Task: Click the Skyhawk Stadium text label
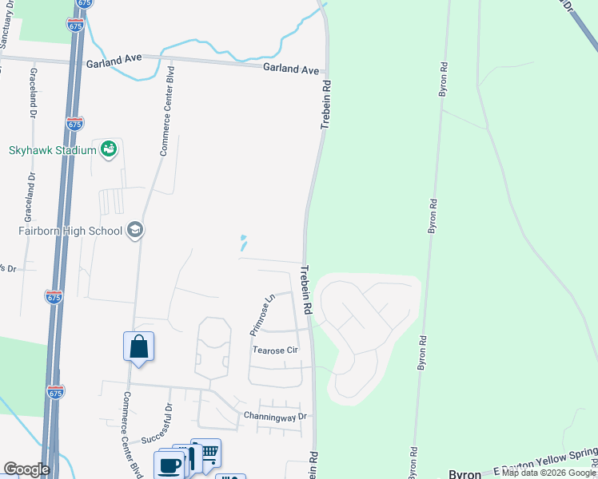coord(53,149)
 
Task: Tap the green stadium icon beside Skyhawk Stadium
coord(109,148)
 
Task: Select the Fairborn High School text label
coord(70,232)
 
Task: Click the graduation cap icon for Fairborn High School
coord(134,231)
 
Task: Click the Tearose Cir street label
coord(275,350)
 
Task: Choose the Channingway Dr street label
coord(275,417)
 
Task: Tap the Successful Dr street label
coord(157,429)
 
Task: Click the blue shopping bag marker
coord(138,347)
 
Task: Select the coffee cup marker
coord(169,465)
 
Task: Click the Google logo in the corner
coord(26,469)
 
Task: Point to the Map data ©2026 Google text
coord(548,473)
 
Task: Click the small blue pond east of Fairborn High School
coord(243,242)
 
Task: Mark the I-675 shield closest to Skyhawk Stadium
coord(75,124)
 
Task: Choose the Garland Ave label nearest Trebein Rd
coord(291,69)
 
